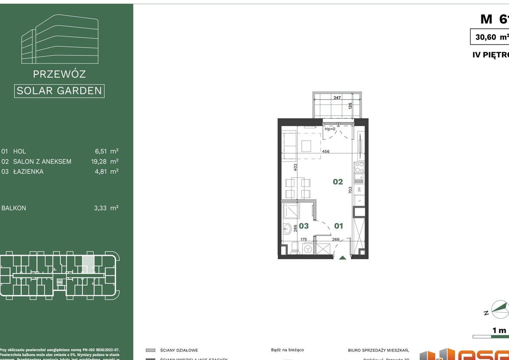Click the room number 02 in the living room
click(x=338, y=182)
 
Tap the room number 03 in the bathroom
click(x=303, y=226)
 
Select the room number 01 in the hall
click(x=338, y=226)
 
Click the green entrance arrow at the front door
click(x=342, y=257)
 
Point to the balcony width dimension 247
click(x=337, y=98)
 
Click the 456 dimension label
click(x=326, y=151)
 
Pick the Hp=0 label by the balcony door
click(x=330, y=129)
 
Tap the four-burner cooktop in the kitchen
click(x=359, y=167)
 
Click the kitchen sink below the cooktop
click(x=359, y=177)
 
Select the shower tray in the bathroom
click(x=292, y=211)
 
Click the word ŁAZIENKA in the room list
click(x=28, y=172)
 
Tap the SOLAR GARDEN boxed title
click(x=59, y=91)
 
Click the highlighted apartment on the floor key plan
click(x=88, y=264)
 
